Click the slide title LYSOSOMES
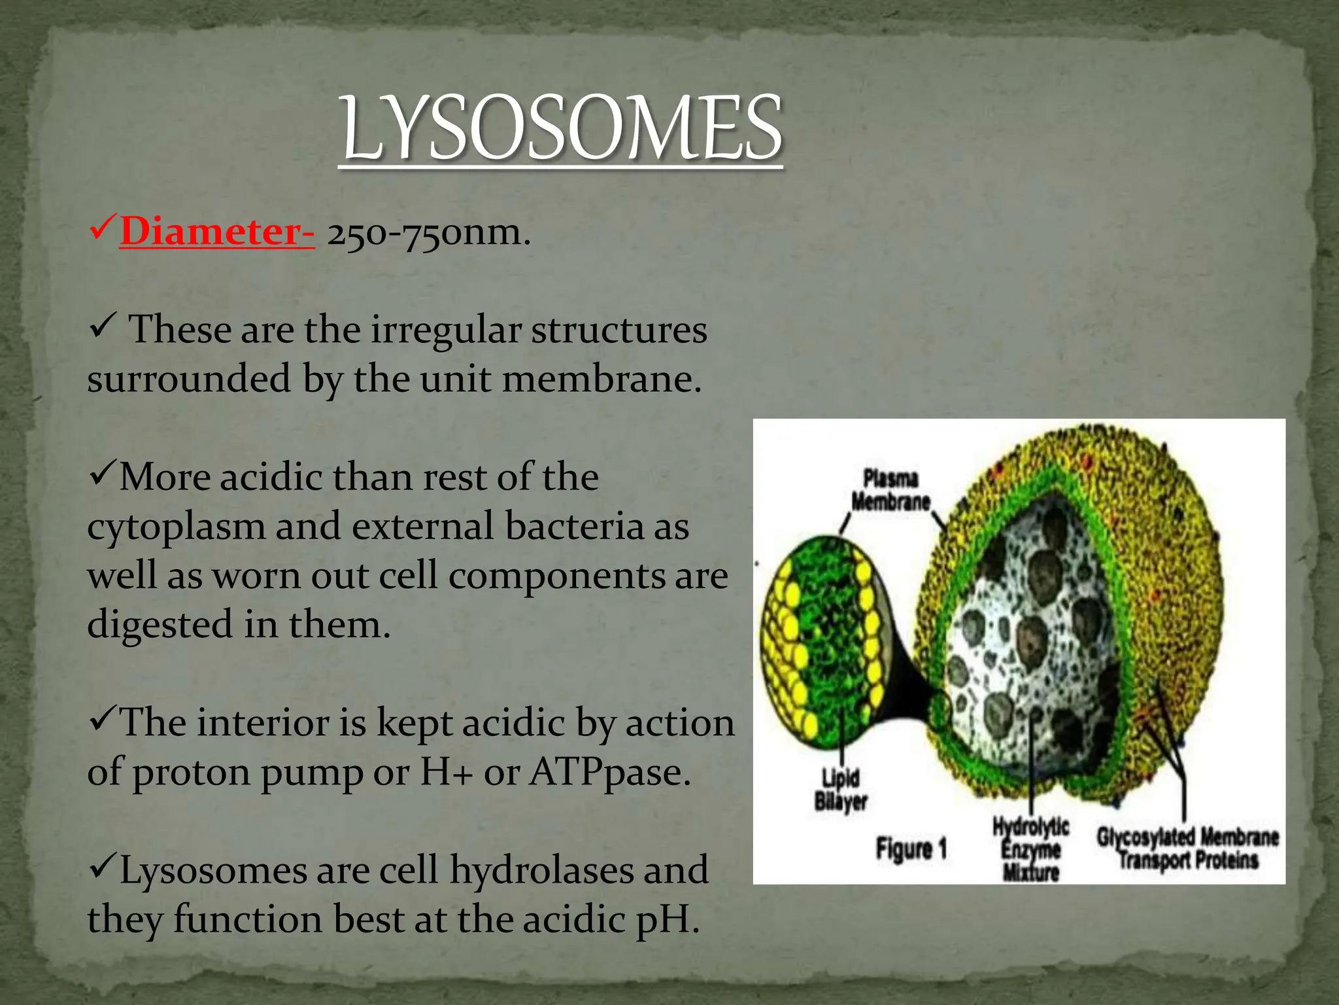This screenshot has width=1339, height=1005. click(561, 128)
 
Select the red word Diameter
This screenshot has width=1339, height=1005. click(216, 232)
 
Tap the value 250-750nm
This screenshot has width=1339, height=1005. click(428, 233)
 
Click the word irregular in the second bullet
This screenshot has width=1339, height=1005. click(447, 330)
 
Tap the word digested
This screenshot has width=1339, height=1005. click(160, 624)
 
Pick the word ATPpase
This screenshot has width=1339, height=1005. click(609, 772)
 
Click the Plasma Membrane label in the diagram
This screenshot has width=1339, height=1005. click(890, 490)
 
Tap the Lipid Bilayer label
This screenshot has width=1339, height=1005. click(840, 790)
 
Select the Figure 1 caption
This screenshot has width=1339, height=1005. click(911, 849)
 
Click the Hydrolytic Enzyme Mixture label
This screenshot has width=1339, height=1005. click(1030, 848)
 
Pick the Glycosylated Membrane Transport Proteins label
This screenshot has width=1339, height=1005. click(1187, 848)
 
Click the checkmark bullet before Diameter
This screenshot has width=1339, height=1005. click(103, 230)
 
